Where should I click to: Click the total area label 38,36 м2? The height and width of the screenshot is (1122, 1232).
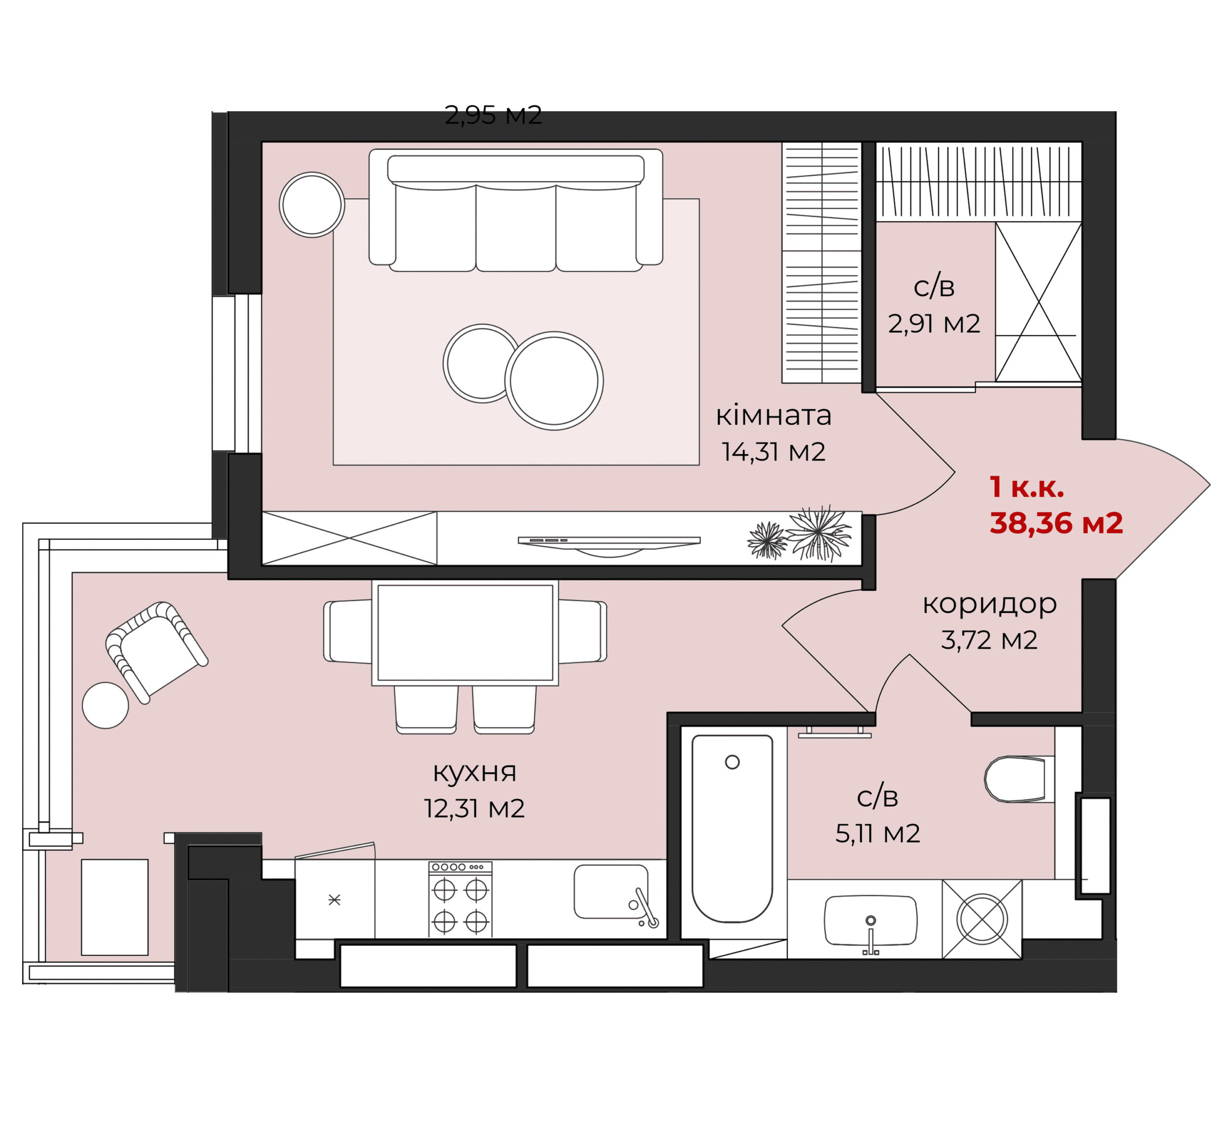(x=1056, y=523)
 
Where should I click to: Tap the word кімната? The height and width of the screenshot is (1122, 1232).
(x=774, y=416)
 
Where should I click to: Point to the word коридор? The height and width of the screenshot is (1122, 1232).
(x=989, y=604)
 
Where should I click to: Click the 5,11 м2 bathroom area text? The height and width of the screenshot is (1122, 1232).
(x=877, y=833)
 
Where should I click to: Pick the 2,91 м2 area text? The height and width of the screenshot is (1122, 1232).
(x=934, y=323)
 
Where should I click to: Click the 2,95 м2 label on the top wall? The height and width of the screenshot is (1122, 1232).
(x=493, y=115)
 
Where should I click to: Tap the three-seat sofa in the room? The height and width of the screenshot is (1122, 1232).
(x=516, y=210)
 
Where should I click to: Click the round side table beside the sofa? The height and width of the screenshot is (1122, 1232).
(x=312, y=205)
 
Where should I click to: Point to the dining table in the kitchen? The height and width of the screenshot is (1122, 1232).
(x=465, y=633)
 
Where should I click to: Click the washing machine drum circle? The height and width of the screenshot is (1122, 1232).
(x=981, y=919)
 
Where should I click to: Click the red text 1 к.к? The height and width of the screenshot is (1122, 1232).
(x=1027, y=487)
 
